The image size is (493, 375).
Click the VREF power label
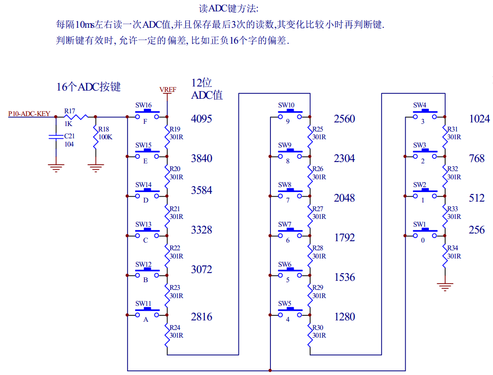168,90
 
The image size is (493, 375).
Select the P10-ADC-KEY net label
29,114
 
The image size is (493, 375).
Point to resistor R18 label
105,130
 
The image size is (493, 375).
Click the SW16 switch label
143,106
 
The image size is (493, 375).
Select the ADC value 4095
202,119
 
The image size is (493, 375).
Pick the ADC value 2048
344,198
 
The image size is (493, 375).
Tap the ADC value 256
477,230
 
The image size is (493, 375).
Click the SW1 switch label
420,224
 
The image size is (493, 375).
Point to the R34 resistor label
453,248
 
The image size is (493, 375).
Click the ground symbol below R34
445,287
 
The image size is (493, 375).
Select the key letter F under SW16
145,122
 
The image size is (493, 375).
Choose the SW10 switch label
286,106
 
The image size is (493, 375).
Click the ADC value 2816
202,317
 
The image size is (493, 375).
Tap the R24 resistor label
175,327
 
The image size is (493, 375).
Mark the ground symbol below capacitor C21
56,167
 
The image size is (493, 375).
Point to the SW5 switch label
285,304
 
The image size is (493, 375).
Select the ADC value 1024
479,119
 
